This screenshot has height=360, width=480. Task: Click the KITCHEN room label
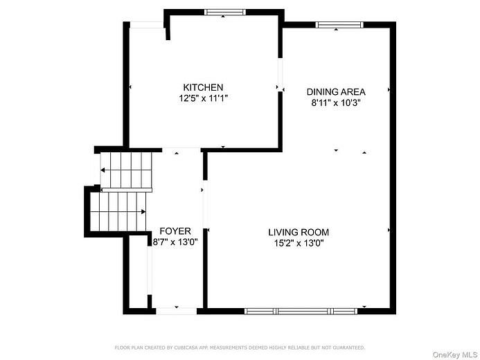point(202,87)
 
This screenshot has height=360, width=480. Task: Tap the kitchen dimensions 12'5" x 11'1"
point(202,98)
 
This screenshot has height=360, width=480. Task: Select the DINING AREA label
point(336,91)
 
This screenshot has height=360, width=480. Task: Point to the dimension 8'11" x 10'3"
point(336,102)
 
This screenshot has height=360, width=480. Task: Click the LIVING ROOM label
point(299,232)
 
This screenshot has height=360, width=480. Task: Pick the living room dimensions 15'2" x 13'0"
point(299,243)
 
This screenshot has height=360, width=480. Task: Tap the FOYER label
point(175,231)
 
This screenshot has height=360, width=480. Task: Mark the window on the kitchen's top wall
point(224,12)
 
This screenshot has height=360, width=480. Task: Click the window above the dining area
point(339,25)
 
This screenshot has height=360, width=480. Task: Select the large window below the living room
point(301,311)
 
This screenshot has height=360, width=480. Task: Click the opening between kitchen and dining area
point(280,76)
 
